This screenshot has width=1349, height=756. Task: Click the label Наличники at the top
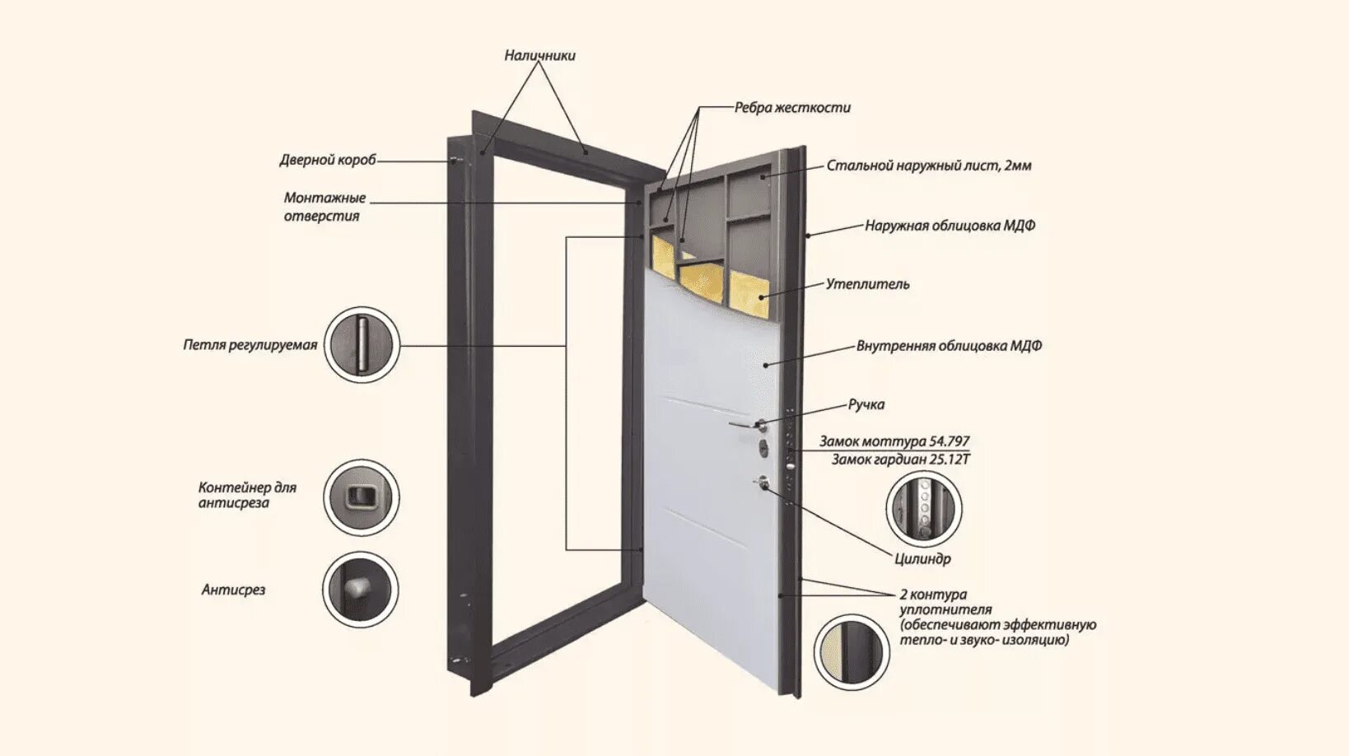(539, 56)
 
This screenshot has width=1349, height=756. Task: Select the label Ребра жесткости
(792, 108)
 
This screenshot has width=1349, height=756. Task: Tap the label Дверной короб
(327, 160)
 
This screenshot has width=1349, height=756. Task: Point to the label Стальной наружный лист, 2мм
(928, 166)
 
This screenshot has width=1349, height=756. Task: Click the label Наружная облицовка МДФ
(950, 226)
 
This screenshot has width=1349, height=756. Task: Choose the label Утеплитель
(867, 284)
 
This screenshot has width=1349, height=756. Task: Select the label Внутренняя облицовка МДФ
(949, 346)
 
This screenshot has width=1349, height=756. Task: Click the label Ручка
(866, 404)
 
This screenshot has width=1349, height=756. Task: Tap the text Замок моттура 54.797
(894, 441)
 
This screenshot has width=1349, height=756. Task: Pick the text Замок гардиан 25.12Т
(900, 460)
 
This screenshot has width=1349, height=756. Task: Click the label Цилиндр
(922, 559)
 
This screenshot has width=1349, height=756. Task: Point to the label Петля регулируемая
(250, 345)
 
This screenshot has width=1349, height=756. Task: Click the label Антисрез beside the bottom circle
(233, 590)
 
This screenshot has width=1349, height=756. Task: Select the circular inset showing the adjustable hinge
(362, 345)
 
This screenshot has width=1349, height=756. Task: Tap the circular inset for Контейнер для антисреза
(361, 497)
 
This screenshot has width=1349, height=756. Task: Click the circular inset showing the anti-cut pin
(360, 590)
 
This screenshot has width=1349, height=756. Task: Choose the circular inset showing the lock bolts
(923, 508)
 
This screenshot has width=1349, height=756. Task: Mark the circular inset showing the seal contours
(852, 651)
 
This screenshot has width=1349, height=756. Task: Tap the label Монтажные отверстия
(324, 207)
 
